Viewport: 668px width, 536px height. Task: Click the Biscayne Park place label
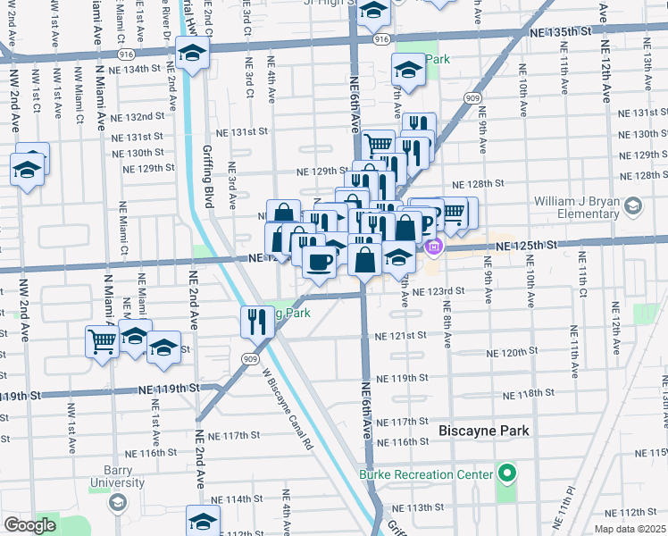(483, 431)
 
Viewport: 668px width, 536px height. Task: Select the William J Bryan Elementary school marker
(633, 207)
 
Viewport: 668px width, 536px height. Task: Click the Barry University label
(117, 483)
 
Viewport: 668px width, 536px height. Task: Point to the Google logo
(29, 524)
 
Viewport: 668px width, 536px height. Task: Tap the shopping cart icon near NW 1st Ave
(102, 340)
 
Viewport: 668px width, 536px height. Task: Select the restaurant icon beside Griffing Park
(256, 322)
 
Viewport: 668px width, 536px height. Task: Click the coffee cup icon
(320, 261)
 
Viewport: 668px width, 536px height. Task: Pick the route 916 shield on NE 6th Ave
(381, 40)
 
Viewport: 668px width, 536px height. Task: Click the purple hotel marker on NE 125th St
(434, 246)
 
